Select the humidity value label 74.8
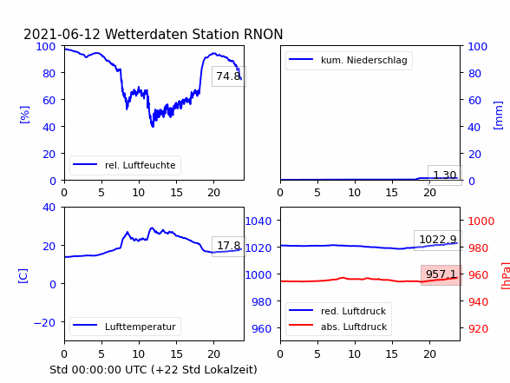click(228, 76)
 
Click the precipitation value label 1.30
click(445, 175)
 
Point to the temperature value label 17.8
click(229, 246)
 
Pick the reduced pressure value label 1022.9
click(438, 240)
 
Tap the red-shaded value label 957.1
click(441, 274)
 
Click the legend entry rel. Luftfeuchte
click(141, 165)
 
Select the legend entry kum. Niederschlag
click(364, 60)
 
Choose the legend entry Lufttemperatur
click(141, 327)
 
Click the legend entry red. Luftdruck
click(353, 311)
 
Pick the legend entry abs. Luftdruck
click(354, 327)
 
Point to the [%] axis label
click(24, 115)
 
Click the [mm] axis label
click(498, 116)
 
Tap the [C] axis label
click(23, 276)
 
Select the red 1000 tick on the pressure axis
click(481, 221)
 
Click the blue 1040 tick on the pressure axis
click(258, 221)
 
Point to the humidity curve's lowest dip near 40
click(153, 126)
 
